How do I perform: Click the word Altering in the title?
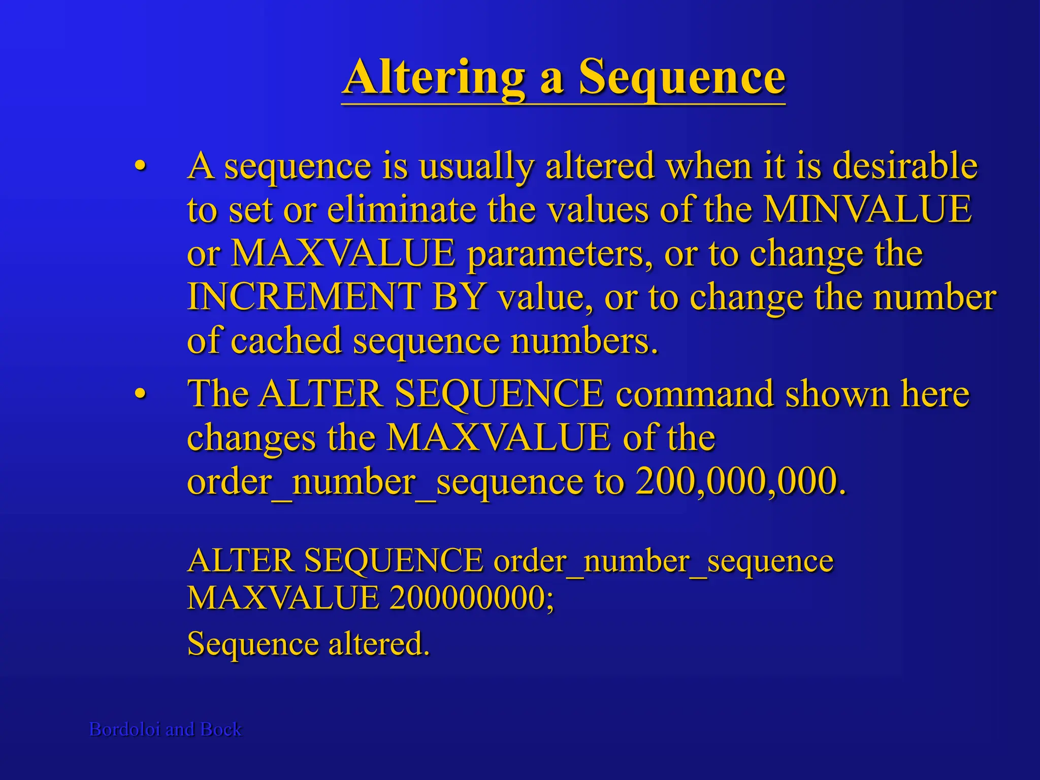pyautogui.click(x=434, y=77)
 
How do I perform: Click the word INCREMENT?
pyautogui.click(x=303, y=297)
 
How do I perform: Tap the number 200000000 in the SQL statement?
pyautogui.click(x=472, y=598)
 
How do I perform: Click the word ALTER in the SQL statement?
pyautogui.click(x=241, y=561)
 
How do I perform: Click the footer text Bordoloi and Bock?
pyautogui.click(x=166, y=729)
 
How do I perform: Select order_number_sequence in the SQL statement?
pyautogui.click(x=663, y=561)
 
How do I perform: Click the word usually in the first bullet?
pyautogui.click(x=476, y=166)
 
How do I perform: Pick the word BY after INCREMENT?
pyautogui.click(x=460, y=297)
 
